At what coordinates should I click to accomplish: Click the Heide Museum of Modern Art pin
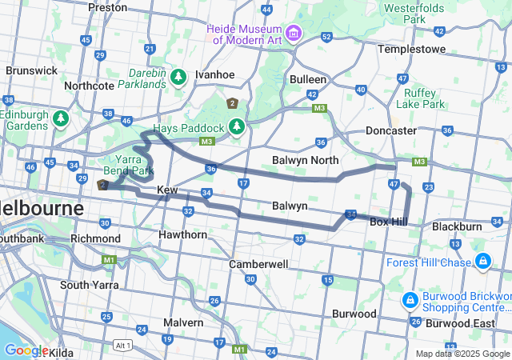click(x=294, y=33)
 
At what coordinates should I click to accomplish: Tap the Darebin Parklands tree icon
click(x=178, y=77)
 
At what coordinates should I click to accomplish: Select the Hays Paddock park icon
click(x=236, y=126)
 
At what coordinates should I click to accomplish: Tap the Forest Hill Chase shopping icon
click(x=483, y=262)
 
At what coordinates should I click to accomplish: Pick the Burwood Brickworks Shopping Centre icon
click(x=409, y=300)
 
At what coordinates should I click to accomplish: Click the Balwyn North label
click(x=306, y=160)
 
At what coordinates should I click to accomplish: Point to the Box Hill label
click(x=390, y=221)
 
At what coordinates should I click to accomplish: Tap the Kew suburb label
click(x=166, y=190)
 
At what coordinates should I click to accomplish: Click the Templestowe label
click(x=410, y=49)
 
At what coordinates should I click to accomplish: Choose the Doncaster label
click(x=390, y=130)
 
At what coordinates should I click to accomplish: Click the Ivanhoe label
click(x=214, y=74)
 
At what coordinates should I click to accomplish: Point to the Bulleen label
click(x=308, y=79)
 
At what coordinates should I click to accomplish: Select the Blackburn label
click(x=457, y=226)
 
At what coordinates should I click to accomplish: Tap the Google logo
click(x=26, y=350)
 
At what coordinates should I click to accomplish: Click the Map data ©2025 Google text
click(x=462, y=354)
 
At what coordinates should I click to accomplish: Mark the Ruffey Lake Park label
click(x=419, y=98)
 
